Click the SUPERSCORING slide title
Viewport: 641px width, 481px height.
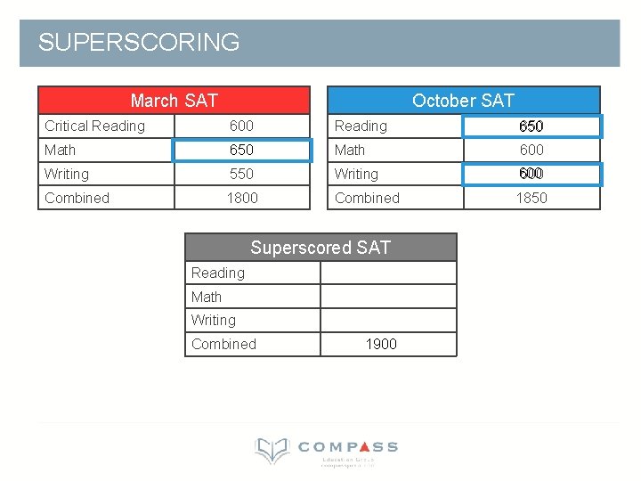click(139, 42)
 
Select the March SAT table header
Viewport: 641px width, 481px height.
click(174, 101)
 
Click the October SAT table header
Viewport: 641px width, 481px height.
click(463, 101)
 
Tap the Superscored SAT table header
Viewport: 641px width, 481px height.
click(320, 248)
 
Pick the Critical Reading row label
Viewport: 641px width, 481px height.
click(94, 126)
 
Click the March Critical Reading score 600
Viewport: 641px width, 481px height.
click(241, 126)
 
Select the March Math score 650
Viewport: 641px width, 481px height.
click(241, 150)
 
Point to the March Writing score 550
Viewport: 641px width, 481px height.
click(241, 174)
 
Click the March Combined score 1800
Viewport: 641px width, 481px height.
click(241, 198)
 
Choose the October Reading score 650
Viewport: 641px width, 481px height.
click(531, 126)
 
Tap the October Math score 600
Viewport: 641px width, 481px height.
click(531, 150)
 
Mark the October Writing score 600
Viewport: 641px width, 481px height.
click(531, 174)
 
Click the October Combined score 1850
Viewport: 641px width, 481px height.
click(531, 198)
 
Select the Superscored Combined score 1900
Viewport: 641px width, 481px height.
click(381, 344)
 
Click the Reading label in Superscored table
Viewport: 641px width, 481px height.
click(217, 273)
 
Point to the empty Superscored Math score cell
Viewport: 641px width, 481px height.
click(388, 297)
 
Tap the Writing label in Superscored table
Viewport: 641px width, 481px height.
click(214, 320)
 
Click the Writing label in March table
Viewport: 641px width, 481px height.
click(67, 174)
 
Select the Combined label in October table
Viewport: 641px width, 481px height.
click(367, 198)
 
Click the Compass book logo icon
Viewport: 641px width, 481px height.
click(272, 450)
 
